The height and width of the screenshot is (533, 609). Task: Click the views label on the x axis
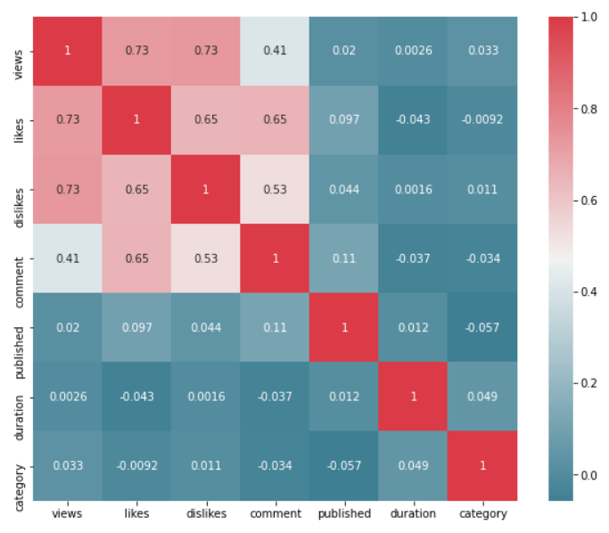click(x=67, y=513)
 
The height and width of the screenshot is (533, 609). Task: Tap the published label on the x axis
click(x=344, y=513)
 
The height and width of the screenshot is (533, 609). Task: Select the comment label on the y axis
click(x=20, y=258)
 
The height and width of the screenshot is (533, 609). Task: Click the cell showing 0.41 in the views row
click(x=275, y=50)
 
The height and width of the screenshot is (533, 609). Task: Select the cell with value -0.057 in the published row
click(x=482, y=327)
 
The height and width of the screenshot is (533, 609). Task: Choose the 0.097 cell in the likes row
click(x=344, y=119)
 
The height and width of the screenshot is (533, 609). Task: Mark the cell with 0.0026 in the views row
click(x=414, y=50)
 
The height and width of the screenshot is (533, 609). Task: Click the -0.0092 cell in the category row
click(x=136, y=465)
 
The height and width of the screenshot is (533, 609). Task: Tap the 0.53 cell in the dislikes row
click(x=275, y=189)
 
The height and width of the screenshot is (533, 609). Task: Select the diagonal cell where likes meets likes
click(x=136, y=119)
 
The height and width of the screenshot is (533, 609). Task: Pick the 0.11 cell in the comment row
click(x=344, y=258)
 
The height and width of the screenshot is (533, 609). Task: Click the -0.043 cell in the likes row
click(x=414, y=119)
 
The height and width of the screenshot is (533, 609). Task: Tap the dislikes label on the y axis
click(x=20, y=189)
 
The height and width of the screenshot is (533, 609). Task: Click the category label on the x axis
click(x=482, y=513)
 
